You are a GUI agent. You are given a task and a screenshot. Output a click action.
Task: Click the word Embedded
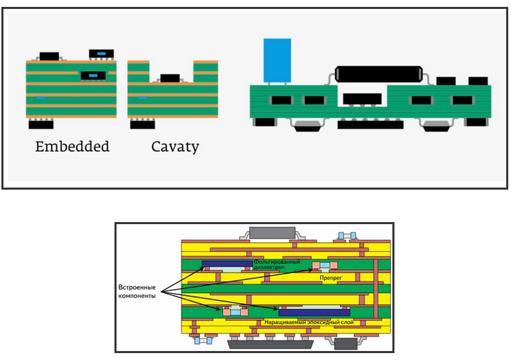point(72,147)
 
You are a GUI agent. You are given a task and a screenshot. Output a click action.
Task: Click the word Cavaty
point(175,147)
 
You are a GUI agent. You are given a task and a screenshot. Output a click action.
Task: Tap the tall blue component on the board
point(277,60)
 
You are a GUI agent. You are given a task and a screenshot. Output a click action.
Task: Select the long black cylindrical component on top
point(379,74)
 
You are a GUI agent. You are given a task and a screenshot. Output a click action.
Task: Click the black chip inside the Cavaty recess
point(170,78)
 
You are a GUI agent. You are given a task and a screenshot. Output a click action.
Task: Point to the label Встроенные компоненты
point(137,292)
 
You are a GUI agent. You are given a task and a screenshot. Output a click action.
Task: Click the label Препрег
point(330,278)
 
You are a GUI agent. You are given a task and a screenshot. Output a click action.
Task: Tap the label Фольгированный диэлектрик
point(277,264)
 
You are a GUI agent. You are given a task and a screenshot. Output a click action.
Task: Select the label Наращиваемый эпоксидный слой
point(309,322)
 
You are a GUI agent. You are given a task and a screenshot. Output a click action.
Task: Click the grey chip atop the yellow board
point(272,232)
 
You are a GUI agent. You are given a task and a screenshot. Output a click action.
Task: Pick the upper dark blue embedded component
point(227,264)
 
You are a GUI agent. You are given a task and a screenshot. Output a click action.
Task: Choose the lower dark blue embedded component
point(314,313)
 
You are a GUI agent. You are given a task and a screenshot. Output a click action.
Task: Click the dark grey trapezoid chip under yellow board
point(270,344)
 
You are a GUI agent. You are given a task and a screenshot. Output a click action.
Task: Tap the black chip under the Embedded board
point(41,124)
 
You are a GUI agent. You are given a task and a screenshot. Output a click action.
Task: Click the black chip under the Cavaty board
point(143,124)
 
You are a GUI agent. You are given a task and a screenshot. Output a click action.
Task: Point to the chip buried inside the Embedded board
point(93,76)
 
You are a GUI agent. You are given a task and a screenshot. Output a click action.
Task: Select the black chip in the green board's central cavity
point(362,99)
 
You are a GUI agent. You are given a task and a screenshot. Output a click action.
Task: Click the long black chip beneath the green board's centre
point(370,125)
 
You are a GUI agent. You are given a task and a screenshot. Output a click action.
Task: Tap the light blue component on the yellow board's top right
point(347,236)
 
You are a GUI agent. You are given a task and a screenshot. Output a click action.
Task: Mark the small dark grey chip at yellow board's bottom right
point(345,343)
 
